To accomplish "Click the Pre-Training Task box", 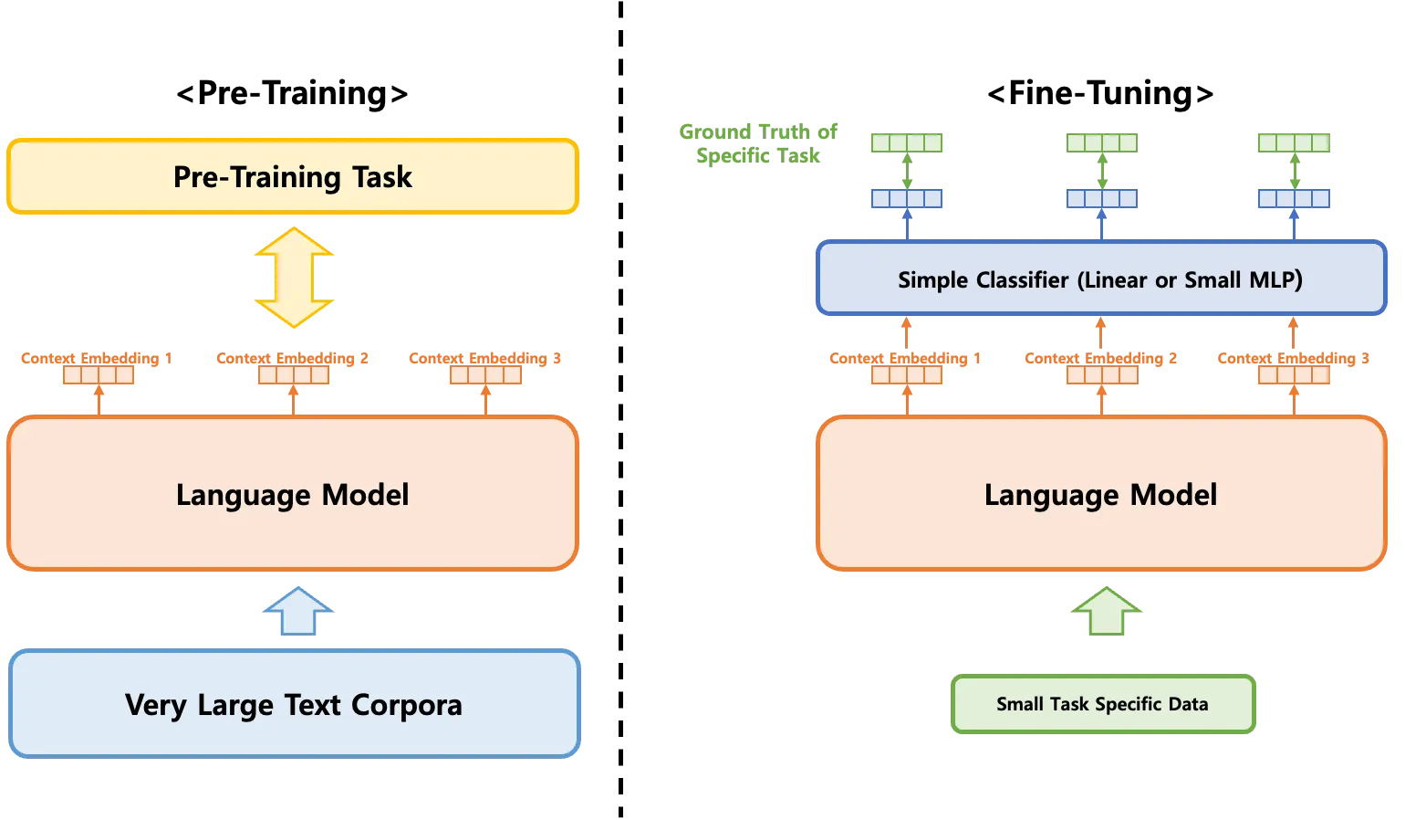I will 293,176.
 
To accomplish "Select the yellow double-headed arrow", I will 294,278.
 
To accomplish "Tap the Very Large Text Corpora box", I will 295,704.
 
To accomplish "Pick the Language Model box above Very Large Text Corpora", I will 293,494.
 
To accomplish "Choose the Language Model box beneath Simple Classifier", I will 1101,494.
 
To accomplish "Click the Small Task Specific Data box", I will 1102,704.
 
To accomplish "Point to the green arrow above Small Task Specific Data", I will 1105,611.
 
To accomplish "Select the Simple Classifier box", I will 1100,279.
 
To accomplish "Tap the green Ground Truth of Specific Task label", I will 758,142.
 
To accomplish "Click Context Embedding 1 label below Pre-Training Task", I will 98,358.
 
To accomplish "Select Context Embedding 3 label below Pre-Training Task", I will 485,358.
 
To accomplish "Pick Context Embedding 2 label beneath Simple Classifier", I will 1100,358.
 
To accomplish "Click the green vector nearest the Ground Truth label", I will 907,142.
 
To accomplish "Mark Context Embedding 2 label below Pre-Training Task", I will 293,358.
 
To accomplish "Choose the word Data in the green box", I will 1187,704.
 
